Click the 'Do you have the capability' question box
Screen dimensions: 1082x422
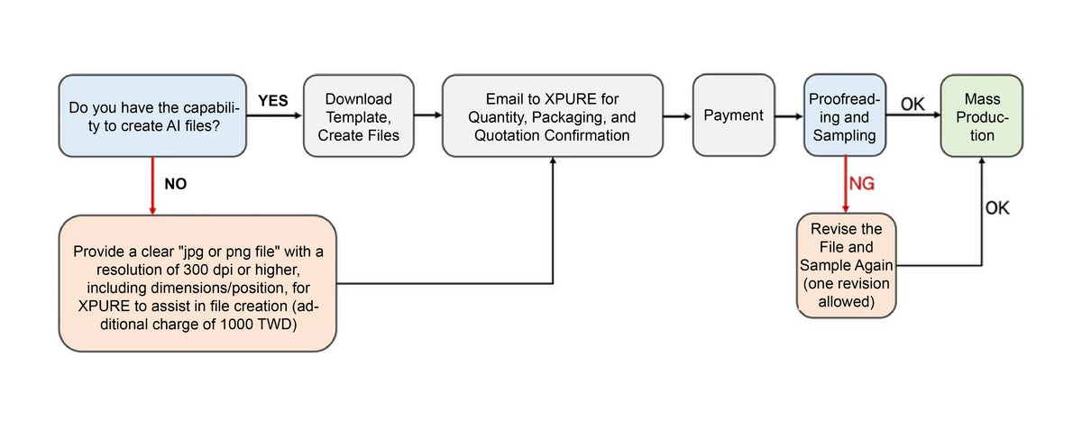(x=152, y=116)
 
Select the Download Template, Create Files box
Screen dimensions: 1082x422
(x=359, y=116)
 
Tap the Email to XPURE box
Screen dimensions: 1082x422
(x=553, y=116)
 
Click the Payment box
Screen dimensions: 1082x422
(x=734, y=115)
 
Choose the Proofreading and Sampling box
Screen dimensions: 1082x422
(x=844, y=115)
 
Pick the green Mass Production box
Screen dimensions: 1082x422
(x=982, y=116)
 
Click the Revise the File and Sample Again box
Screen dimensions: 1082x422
(x=847, y=266)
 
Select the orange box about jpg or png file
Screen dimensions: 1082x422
(x=198, y=283)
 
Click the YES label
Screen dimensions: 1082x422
(x=273, y=100)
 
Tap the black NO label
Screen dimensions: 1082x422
(x=175, y=184)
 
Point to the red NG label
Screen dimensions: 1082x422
(x=862, y=183)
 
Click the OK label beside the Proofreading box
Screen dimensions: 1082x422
(x=912, y=104)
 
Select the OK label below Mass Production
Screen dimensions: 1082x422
(x=997, y=208)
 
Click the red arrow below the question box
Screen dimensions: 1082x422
(x=152, y=186)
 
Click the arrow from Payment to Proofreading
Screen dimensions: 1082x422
(x=789, y=116)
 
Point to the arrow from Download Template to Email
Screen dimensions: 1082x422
(x=428, y=115)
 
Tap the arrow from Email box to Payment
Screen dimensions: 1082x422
(x=678, y=116)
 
